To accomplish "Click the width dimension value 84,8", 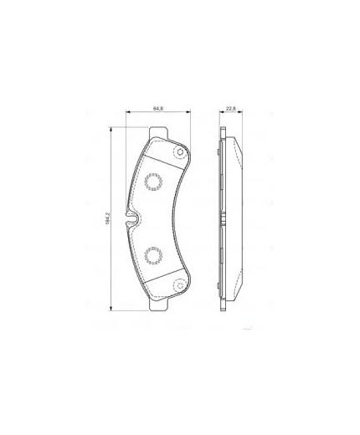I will tap(157, 107).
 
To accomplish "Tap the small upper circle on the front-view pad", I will tap(177, 152).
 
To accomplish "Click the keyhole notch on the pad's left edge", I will tap(131, 221).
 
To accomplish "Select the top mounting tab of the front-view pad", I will tap(158, 135).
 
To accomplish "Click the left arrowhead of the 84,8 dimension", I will tap(128, 114).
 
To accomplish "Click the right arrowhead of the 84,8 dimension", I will tap(188, 114).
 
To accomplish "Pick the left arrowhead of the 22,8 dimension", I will tap(219, 114).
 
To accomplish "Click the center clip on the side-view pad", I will tap(225, 219).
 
